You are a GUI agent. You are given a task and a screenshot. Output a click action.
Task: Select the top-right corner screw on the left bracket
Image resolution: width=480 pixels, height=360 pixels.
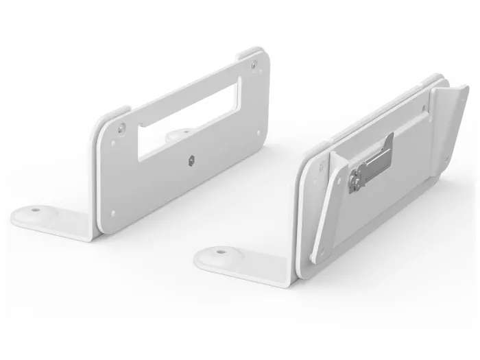point(254,66)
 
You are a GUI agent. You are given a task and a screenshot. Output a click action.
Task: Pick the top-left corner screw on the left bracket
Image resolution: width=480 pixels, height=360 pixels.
point(121,128)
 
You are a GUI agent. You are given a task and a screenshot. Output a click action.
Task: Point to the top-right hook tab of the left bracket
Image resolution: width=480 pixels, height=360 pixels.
point(250,53)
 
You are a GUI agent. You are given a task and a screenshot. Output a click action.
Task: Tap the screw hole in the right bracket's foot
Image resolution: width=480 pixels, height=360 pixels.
point(220,252)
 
